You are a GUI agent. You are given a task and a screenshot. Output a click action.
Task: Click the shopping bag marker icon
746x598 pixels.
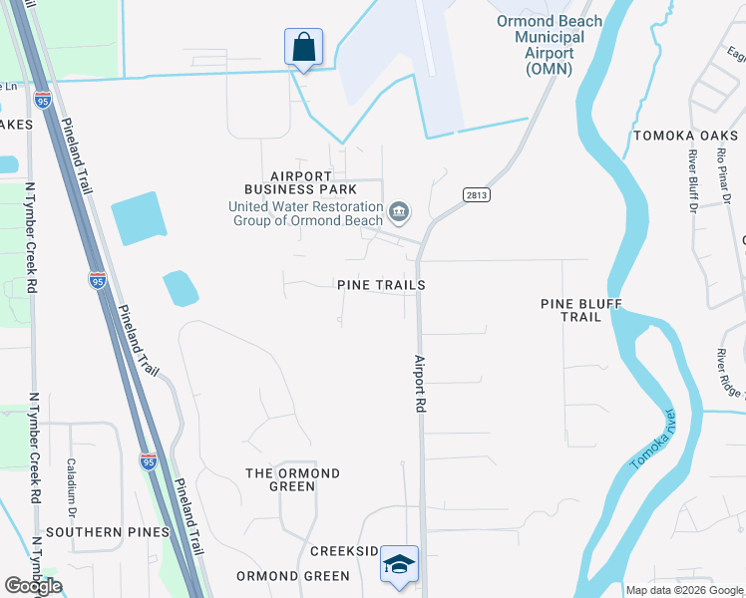pyautogui.click(x=303, y=47)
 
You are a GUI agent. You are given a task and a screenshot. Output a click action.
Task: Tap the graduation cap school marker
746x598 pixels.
pyautogui.click(x=399, y=564)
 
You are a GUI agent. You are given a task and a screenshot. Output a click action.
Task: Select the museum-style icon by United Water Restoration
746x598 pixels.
pyautogui.click(x=399, y=210)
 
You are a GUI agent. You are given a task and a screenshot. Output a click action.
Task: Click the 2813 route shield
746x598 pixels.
pyautogui.click(x=476, y=194)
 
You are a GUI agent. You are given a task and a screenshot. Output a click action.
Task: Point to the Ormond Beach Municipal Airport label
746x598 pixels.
pyautogui.click(x=551, y=44)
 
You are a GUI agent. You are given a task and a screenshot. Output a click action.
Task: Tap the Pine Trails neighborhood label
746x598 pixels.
pyautogui.click(x=382, y=285)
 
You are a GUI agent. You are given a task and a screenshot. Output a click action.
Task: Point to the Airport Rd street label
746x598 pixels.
pyautogui.click(x=421, y=384)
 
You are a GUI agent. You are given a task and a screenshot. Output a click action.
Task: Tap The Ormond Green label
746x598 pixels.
pyautogui.click(x=292, y=479)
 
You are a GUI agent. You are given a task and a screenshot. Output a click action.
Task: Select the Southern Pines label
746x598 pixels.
pyautogui.click(x=107, y=532)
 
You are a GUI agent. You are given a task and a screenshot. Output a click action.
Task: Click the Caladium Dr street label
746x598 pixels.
pyautogui.click(x=72, y=478)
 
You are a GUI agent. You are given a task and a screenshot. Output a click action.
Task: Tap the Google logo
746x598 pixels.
pyautogui.click(x=33, y=586)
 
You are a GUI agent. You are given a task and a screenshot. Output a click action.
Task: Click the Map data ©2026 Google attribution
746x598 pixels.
pyautogui.click(x=684, y=590)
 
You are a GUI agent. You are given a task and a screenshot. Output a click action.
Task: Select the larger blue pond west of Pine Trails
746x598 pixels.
pyautogui.click(x=139, y=218)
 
